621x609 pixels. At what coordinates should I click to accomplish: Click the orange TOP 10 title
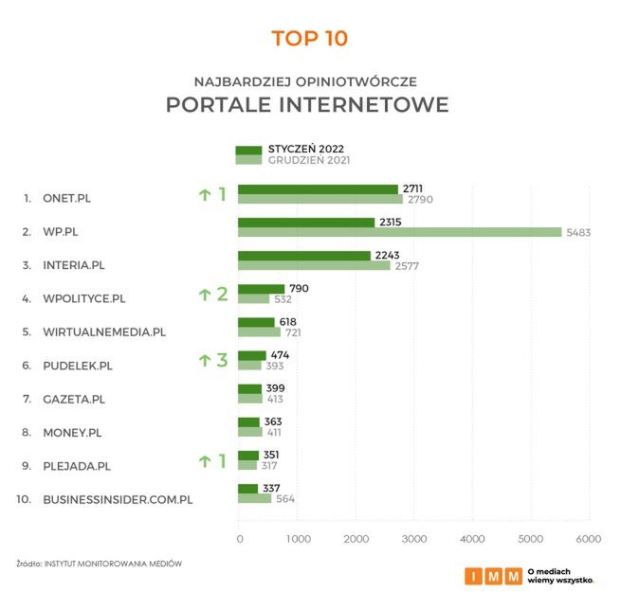pos(310,39)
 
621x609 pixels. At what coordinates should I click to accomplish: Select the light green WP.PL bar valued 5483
pos(399,232)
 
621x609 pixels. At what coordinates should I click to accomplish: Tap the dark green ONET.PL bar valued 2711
pos(318,189)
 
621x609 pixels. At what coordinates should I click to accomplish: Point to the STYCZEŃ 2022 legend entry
pos(305,149)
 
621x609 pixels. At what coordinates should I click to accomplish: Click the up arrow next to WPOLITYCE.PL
pos(203,295)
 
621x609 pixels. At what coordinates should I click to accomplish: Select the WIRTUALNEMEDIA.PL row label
pos(104,332)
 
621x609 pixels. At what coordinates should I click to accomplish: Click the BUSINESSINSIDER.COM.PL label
pos(118,499)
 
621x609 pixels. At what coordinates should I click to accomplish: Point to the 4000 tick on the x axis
pos(472,539)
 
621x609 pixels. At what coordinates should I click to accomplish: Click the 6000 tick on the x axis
pos(589,539)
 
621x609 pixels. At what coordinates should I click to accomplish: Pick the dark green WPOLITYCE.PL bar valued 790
pos(261,289)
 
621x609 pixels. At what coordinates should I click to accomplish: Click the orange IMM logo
pos(492,575)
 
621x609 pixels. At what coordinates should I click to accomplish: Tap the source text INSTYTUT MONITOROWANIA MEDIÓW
pos(112,564)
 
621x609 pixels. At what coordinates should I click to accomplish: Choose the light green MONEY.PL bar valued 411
pos(248,432)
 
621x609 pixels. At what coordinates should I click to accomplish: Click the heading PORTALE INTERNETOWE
pos(307,104)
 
